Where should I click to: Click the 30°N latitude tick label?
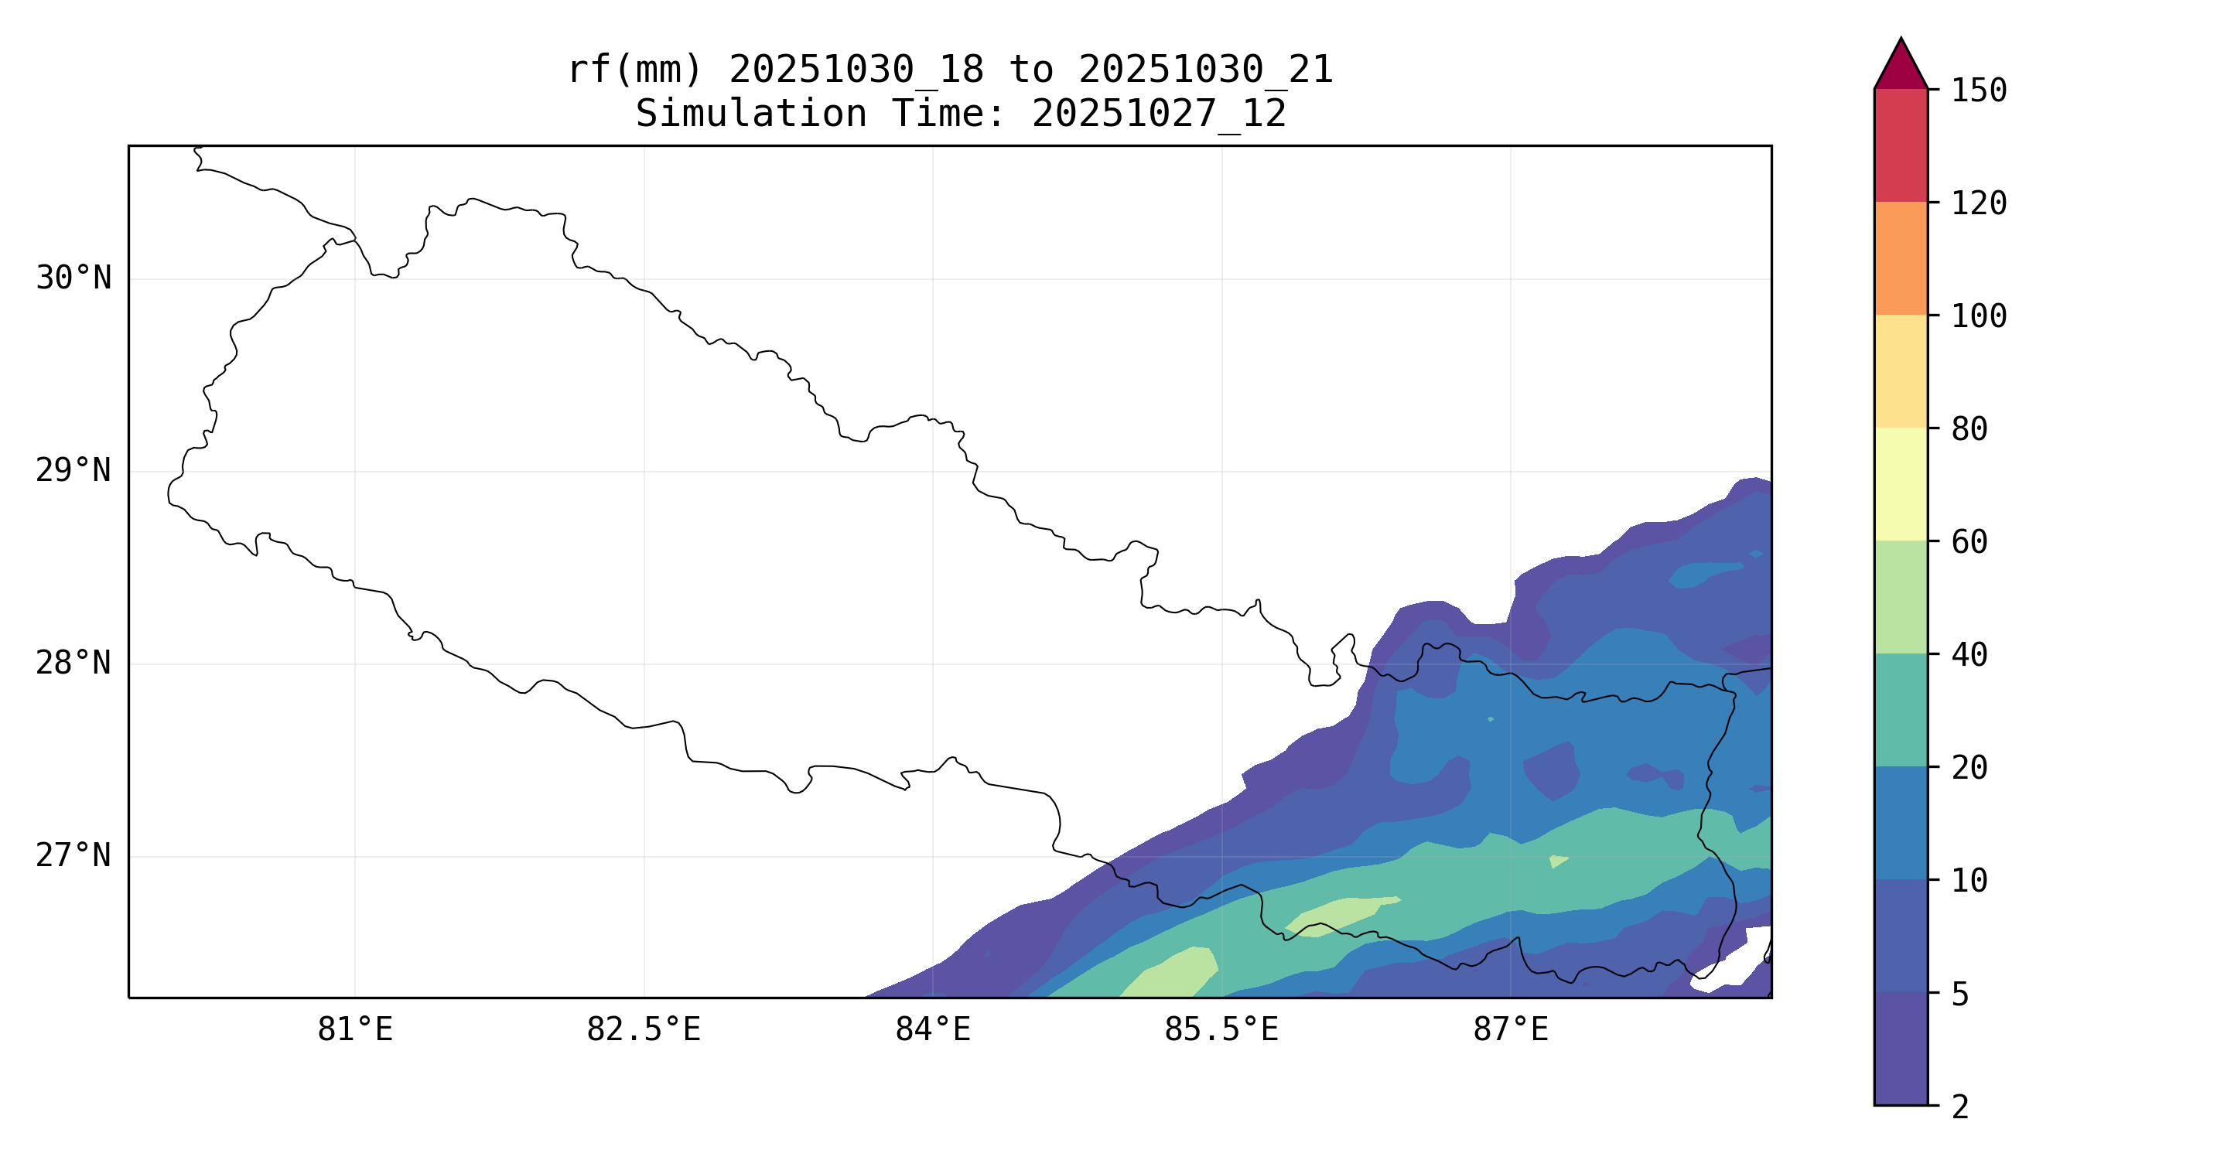(73, 278)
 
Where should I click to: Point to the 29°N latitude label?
(73, 471)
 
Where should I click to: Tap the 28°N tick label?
(73, 664)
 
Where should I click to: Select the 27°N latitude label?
(73, 856)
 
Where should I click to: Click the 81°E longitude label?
(354, 1030)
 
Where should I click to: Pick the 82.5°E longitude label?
(644, 1030)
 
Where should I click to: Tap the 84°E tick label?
(933, 1030)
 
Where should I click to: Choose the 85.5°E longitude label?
(1221, 1030)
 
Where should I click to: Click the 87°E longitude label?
(1511, 1030)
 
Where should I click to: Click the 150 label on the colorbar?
(1978, 90)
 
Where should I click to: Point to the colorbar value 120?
(1978, 204)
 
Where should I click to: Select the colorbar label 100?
(1978, 316)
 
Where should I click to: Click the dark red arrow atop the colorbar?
(1901, 67)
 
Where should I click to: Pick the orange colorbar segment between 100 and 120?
(1901, 258)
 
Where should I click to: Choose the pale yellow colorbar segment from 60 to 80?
(1901, 483)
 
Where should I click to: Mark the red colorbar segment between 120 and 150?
(1901, 145)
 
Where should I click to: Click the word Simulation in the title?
(750, 114)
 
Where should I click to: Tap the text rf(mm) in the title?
(635, 70)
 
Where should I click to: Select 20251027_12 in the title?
(1159, 114)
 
